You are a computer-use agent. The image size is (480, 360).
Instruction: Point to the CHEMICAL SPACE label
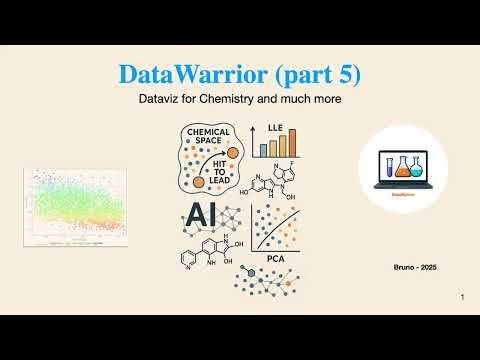[208, 137]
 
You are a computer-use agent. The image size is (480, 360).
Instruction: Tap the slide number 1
[463, 298]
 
